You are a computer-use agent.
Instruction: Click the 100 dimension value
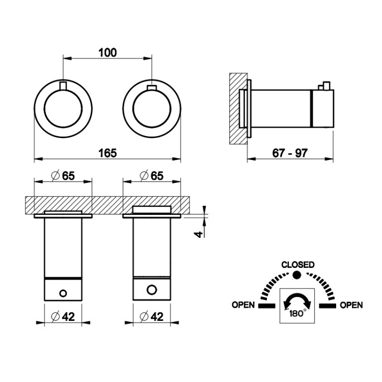pyautogui.click(x=107, y=52)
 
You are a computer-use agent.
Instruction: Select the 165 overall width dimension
pyautogui.click(x=107, y=153)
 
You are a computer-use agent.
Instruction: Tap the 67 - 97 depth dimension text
pyautogui.click(x=290, y=153)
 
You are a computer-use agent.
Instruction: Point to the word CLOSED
pyautogui.click(x=298, y=264)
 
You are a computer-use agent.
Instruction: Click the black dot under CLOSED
pyautogui.click(x=297, y=275)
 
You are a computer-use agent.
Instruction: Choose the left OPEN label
pyautogui.click(x=243, y=305)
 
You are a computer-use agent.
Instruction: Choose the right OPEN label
pyautogui.click(x=351, y=305)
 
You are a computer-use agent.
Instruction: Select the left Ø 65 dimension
pyautogui.click(x=63, y=176)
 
